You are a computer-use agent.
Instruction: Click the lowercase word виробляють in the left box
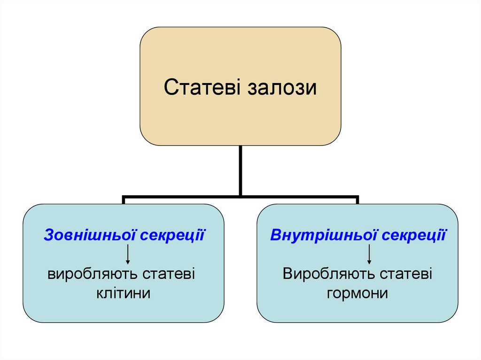92,274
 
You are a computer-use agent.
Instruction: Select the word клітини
123,294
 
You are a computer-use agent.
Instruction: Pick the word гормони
357,294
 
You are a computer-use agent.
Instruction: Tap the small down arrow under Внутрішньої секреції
369,254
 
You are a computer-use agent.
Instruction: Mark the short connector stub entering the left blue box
124,201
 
